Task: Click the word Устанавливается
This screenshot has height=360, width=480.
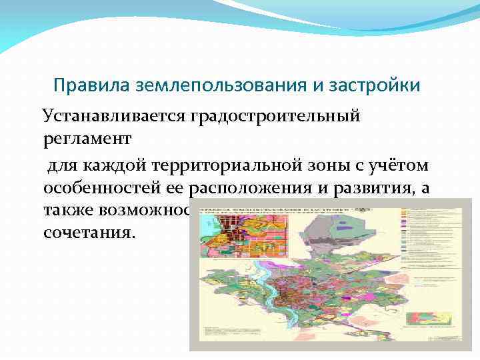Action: point(114,116)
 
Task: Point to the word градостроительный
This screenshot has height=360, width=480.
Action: point(275,116)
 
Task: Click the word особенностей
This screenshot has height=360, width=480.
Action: point(113,188)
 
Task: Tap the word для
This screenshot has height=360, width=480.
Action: point(60,164)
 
